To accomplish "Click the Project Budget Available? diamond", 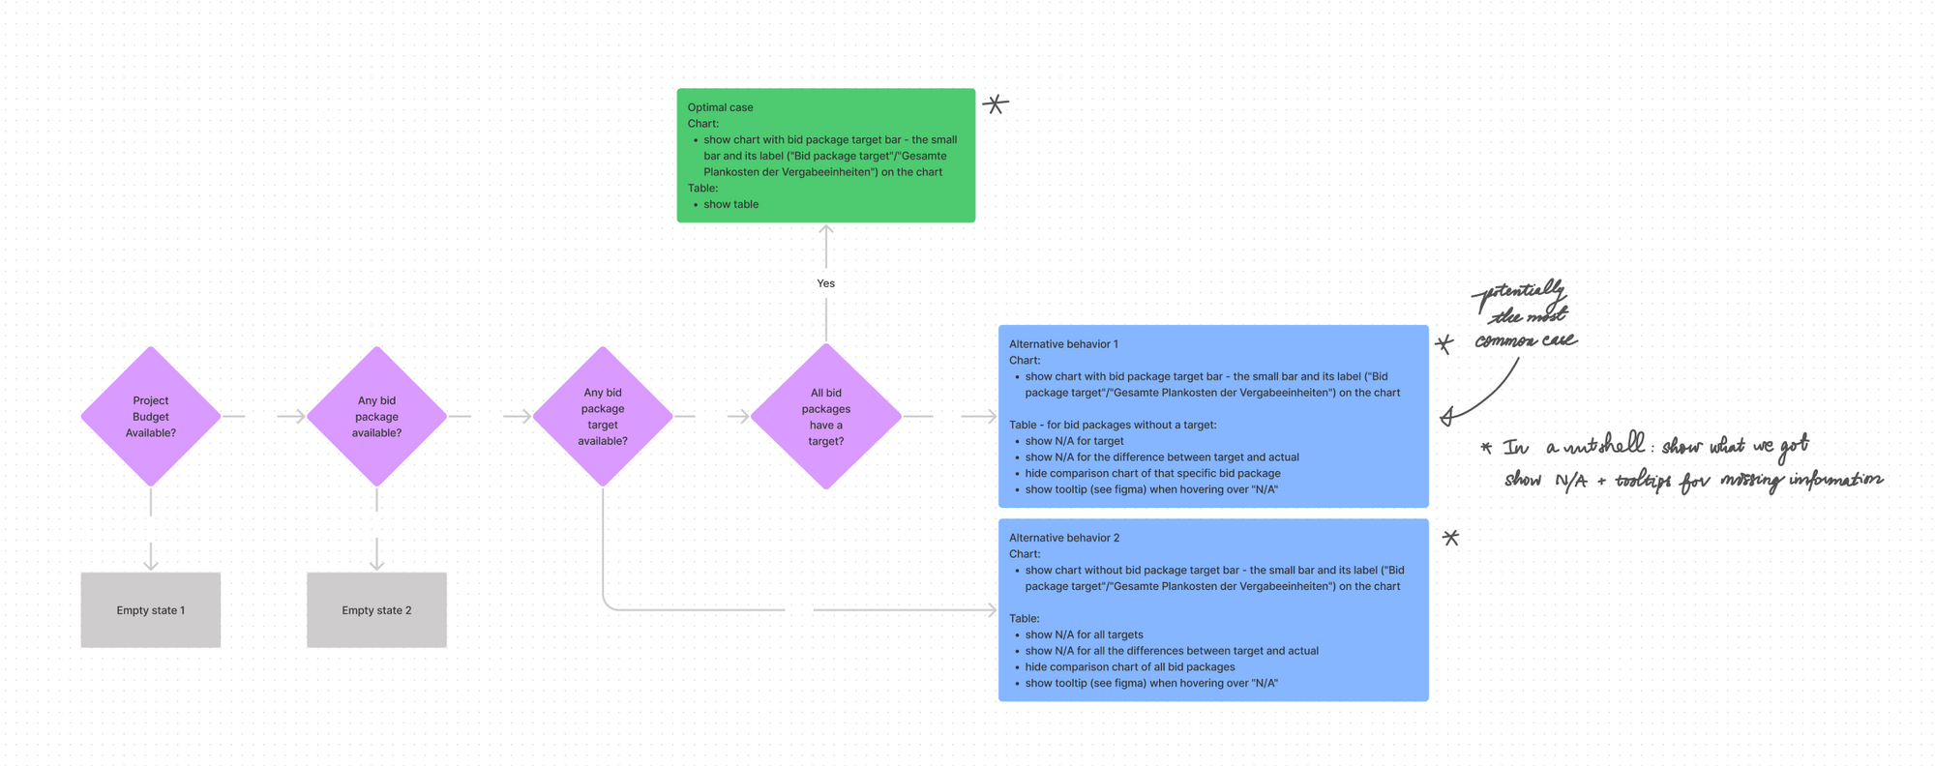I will point(150,417).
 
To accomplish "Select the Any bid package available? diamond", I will point(376,417).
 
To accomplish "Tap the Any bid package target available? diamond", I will point(602,417).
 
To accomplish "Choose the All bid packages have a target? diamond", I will point(825,417).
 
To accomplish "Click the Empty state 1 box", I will point(150,610).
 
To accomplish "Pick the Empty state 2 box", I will point(376,610).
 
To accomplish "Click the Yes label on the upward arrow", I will point(825,283).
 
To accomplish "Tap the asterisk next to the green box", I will point(996,103).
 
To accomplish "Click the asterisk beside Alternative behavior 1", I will point(1444,343).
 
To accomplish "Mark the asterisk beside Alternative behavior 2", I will point(1450,538).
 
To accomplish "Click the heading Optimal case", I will point(720,107).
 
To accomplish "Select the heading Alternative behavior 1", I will point(1063,344).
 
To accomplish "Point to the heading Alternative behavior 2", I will point(1063,538).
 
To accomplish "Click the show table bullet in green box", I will point(730,204).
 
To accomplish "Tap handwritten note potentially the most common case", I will point(1524,315).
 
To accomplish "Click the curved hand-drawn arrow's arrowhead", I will point(1447,417).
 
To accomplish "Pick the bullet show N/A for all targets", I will point(1084,634).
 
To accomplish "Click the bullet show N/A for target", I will point(1074,441).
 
